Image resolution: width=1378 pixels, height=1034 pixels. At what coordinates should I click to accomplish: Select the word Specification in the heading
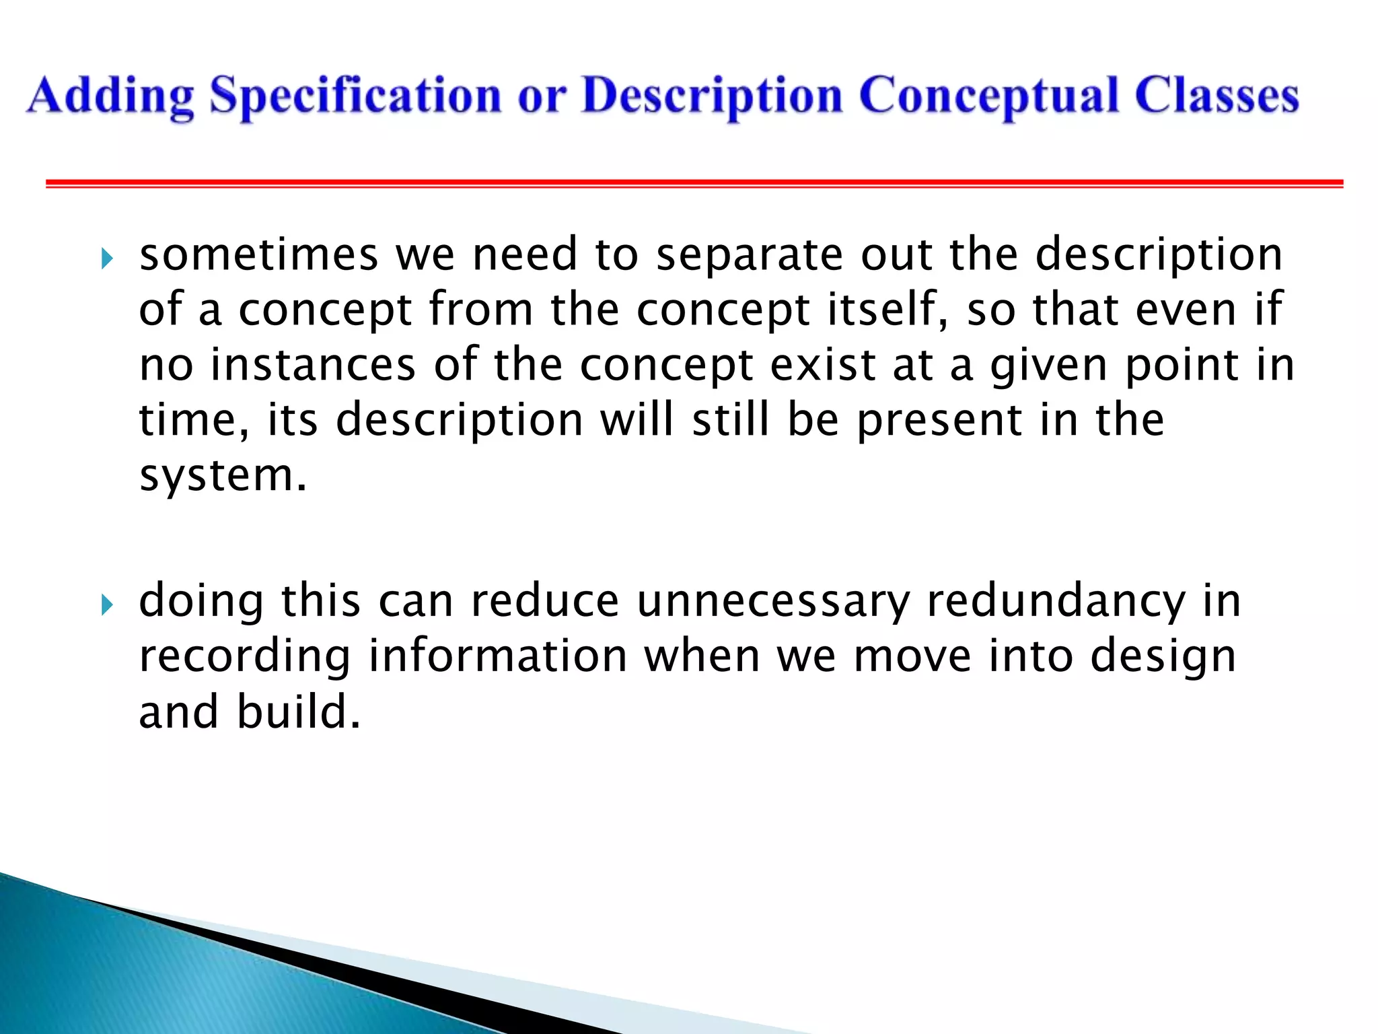point(355,96)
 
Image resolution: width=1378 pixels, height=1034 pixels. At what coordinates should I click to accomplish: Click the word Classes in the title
point(1217,96)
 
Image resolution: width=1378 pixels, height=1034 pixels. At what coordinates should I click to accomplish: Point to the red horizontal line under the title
point(693,183)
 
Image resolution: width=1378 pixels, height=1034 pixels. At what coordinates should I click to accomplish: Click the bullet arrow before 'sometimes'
point(107,258)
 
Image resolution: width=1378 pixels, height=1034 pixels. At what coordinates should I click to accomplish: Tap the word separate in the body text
point(749,256)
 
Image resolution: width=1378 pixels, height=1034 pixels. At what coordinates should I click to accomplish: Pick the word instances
point(314,366)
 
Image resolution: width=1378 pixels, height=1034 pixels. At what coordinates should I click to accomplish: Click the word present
point(939,422)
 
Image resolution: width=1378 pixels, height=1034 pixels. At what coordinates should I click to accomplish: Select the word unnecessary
point(773,602)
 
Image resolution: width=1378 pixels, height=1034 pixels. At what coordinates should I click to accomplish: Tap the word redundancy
point(1056,602)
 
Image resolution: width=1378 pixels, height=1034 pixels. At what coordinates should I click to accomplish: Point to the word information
point(498,657)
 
